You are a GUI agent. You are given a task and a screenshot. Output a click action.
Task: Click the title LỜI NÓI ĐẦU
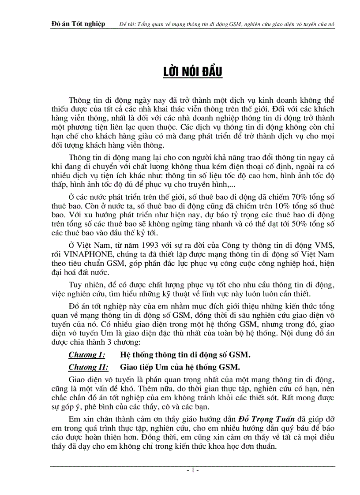pyautogui.click(x=190, y=72)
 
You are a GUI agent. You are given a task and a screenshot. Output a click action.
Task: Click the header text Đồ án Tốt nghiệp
pyautogui.click(x=78, y=24)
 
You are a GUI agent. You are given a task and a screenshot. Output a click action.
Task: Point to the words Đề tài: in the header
pyautogui.click(x=128, y=24)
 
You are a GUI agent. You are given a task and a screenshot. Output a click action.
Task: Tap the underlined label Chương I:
pyautogui.click(x=86, y=354)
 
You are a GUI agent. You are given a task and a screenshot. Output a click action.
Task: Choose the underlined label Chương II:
pyautogui.click(x=88, y=367)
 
